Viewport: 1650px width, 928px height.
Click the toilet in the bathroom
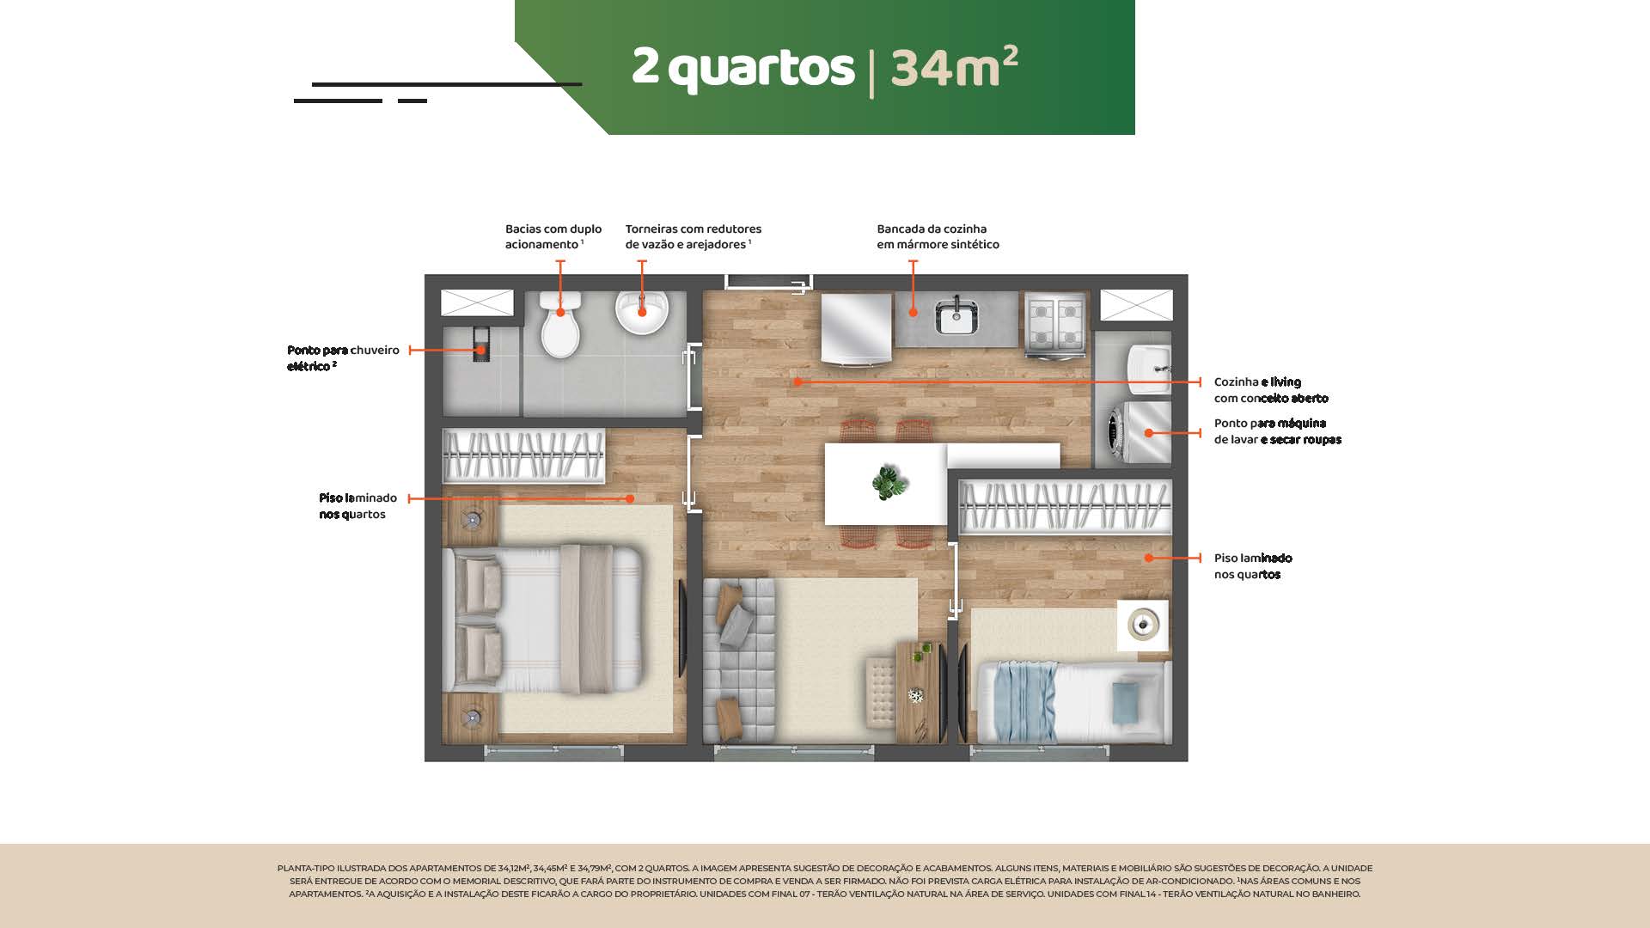click(x=560, y=325)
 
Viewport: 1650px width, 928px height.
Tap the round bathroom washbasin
click(x=642, y=312)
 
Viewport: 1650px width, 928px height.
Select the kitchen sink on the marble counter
click(x=955, y=316)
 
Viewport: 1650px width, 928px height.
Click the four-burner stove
click(x=1054, y=324)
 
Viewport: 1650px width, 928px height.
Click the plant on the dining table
click(x=889, y=482)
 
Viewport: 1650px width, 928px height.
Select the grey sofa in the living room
click(x=740, y=660)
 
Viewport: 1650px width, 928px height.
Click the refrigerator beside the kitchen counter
click(x=857, y=329)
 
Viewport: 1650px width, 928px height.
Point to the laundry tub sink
click(x=1146, y=365)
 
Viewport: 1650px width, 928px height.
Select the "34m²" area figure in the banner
click(x=954, y=66)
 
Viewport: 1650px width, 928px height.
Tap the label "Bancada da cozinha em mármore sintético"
click(x=938, y=237)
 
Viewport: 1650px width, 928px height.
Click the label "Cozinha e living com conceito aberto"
click(x=1271, y=390)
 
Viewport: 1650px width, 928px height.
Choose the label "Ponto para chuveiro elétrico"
click(x=343, y=358)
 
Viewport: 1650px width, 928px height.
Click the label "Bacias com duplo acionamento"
click(x=553, y=237)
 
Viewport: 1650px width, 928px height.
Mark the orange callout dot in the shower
click(x=481, y=351)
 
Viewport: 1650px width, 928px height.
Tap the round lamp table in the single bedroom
click(x=1143, y=625)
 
